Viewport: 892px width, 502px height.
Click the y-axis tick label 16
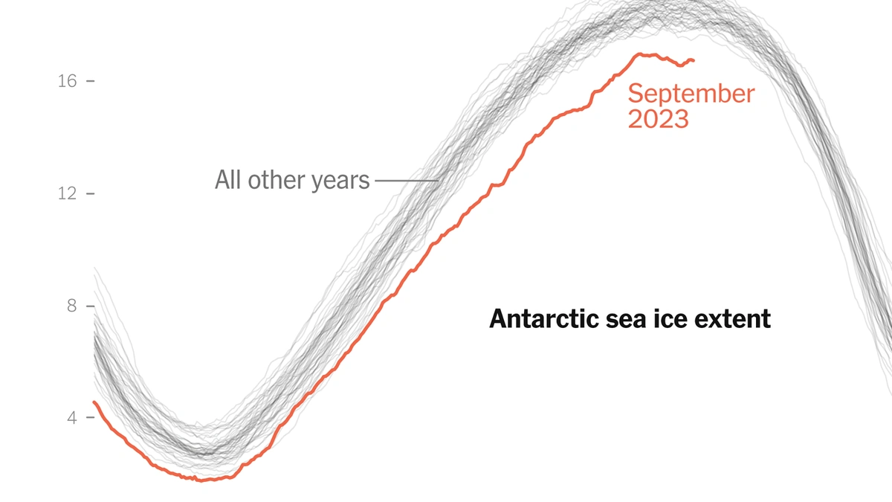(x=67, y=81)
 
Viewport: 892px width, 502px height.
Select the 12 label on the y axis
(x=67, y=193)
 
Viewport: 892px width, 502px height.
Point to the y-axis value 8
(x=72, y=306)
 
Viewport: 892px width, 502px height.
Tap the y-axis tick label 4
(x=72, y=418)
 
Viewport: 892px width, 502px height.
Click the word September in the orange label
(x=691, y=94)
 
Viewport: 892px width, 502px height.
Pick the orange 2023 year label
(x=658, y=119)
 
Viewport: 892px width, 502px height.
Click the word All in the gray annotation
(x=228, y=180)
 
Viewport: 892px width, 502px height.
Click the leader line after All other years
(x=406, y=181)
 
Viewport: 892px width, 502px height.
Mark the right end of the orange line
(x=694, y=60)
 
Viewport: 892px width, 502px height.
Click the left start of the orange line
(x=94, y=402)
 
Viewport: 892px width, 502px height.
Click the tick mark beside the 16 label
(x=91, y=81)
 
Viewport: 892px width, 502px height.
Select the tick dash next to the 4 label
(x=91, y=418)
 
